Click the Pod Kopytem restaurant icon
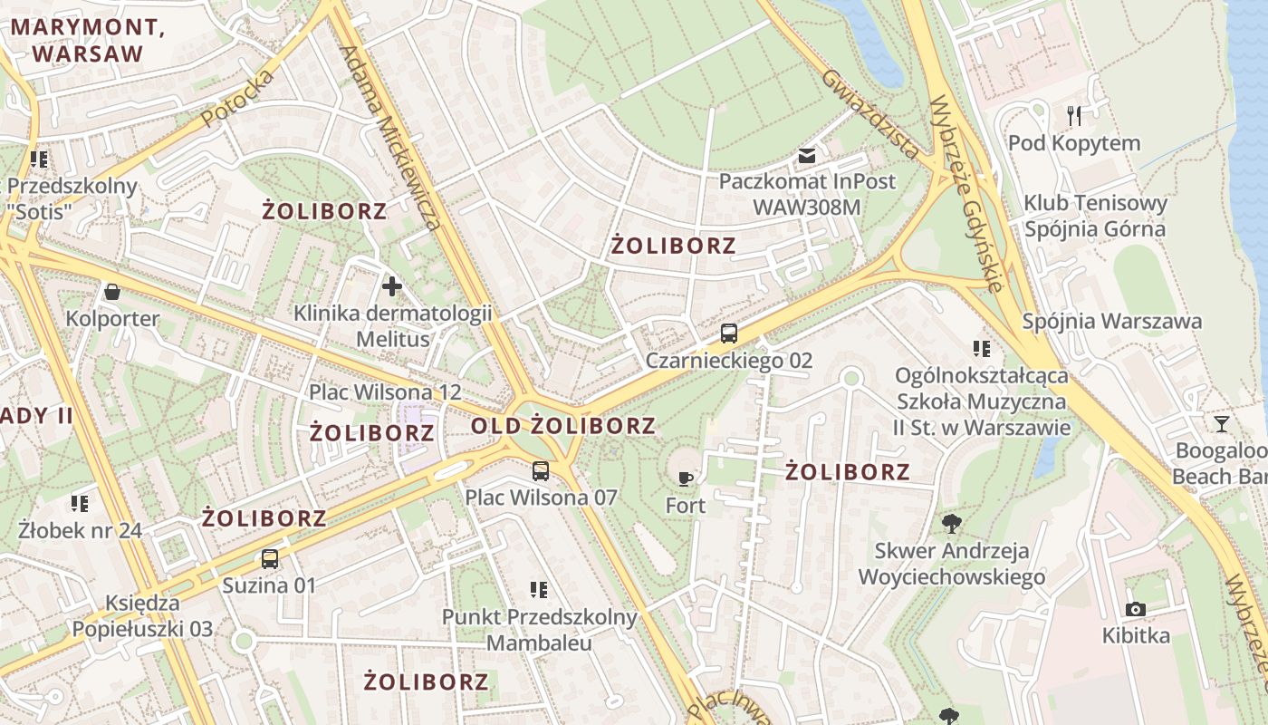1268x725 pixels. [1074, 115]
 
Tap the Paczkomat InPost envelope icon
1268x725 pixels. [807, 156]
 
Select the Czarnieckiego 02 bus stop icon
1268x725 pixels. [729, 333]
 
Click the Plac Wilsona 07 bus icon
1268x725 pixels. [541, 471]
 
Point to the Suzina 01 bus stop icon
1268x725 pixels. [270, 558]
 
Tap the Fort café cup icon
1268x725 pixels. [686, 478]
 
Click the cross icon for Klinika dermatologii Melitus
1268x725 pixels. [392, 287]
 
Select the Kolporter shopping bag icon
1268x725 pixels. [112, 292]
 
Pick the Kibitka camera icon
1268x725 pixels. [1136, 609]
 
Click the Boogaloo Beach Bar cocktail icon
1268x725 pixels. [1221, 423]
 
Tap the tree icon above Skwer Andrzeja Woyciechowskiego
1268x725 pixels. [951, 522]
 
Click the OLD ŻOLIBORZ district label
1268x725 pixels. [563, 425]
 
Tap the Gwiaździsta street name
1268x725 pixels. [869, 112]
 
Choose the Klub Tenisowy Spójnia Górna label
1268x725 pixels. [1095, 216]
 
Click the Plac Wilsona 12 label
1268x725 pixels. [385, 392]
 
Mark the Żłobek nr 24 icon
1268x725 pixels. [80, 503]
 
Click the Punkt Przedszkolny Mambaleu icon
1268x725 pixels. [540, 590]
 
